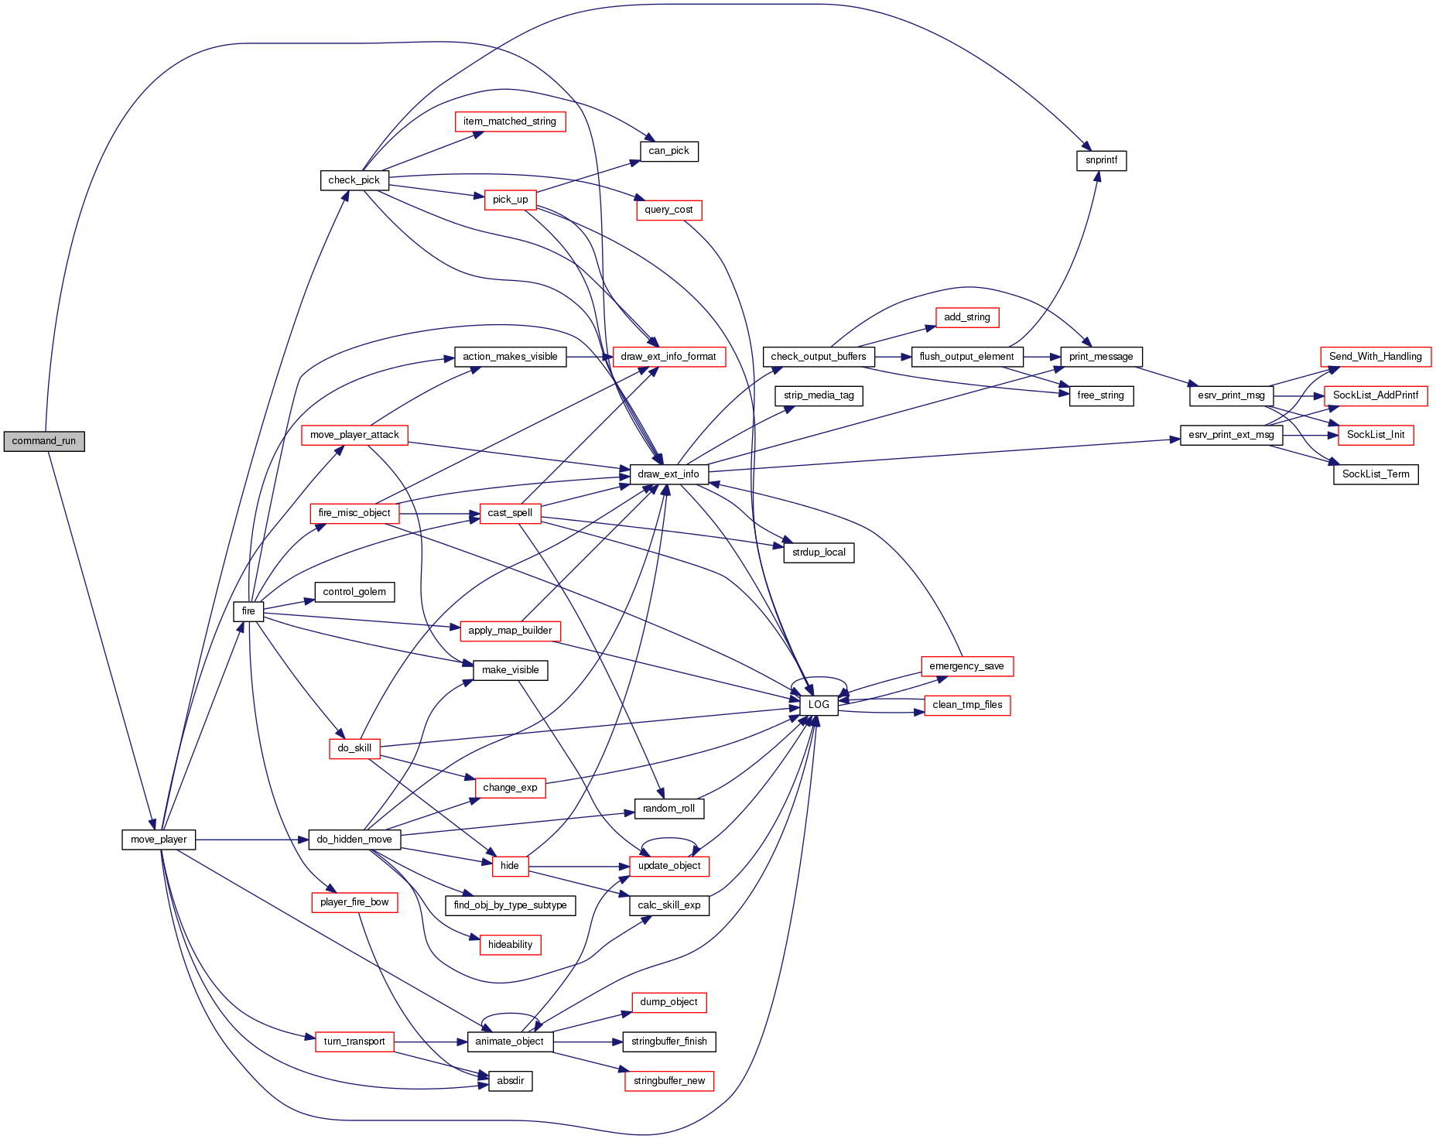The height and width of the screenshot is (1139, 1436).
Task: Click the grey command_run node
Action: tap(44, 441)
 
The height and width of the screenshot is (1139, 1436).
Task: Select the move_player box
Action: tap(159, 840)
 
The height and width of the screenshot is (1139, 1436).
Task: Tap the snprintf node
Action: tap(1101, 160)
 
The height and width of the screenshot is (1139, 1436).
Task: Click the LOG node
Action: tap(818, 705)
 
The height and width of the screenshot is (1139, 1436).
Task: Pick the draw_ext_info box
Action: tap(668, 474)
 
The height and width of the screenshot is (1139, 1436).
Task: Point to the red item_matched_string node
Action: tap(510, 121)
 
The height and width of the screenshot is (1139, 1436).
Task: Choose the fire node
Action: tap(248, 611)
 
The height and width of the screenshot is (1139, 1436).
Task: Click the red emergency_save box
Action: tap(966, 666)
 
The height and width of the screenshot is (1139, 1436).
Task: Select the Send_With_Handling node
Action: tap(1375, 357)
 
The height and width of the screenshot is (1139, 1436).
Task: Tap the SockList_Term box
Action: tap(1375, 474)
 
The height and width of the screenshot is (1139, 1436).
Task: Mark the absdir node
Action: tap(511, 1081)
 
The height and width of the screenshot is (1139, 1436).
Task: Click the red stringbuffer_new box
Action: tap(668, 1081)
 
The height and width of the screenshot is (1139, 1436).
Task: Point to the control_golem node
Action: tap(354, 592)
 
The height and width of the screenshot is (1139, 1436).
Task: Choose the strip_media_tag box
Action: tap(819, 395)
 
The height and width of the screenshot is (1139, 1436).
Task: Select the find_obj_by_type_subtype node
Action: tap(510, 905)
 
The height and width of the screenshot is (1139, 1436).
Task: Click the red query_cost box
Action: tap(668, 210)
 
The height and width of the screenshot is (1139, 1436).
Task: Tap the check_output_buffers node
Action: tap(819, 357)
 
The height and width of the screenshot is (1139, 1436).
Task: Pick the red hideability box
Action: tap(510, 945)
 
